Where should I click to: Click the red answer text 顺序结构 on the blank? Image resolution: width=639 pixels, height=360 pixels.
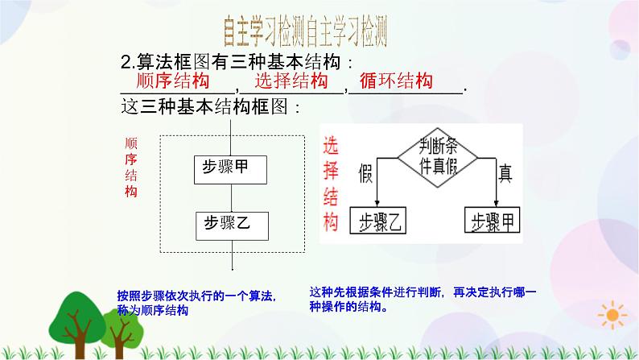[x=174, y=81]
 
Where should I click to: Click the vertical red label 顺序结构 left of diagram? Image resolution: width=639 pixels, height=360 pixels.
[x=131, y=166]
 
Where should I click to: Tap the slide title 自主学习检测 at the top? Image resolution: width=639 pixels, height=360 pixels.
[x=307, y=32]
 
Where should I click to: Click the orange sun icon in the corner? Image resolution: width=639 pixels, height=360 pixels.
[x=613, y=315]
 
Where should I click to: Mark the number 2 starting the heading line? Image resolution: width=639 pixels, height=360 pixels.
[x=124, y=62]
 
